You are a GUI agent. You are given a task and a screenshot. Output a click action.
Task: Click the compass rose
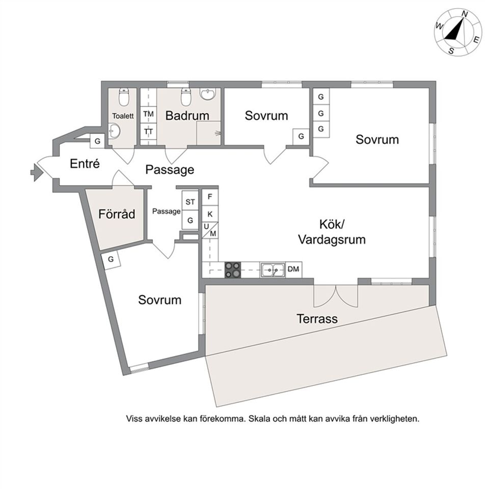(x=457, y=32)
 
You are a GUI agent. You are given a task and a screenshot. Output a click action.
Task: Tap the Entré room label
(x=84, y=164)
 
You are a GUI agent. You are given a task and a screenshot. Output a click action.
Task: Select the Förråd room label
(x=117, y=214)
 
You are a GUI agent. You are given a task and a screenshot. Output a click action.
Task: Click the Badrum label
(x=187, y=116)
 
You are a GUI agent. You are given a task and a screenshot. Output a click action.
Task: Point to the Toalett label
(x=123, y=116)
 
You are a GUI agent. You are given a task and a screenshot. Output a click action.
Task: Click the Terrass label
(x=317, y=319)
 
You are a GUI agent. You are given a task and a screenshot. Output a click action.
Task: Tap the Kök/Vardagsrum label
(x=332, y=232)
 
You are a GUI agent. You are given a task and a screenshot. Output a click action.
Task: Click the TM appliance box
(x=148, y=114)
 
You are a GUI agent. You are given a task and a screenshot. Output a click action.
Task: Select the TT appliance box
(x=148, y=131)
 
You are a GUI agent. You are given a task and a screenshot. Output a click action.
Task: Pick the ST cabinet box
(x=190, y=202)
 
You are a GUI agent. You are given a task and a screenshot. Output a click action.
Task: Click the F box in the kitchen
(x=210, y=196)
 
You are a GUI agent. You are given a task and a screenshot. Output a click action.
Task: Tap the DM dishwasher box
(x=293, y=269)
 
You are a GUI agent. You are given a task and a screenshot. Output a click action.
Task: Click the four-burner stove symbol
(x=233, y=269)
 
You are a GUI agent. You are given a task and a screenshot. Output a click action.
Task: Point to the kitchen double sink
(x=273, y=269)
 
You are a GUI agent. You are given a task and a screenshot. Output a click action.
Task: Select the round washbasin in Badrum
(x=208, y=95)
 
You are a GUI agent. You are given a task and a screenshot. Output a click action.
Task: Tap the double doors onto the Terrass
(x=334, y=295)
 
